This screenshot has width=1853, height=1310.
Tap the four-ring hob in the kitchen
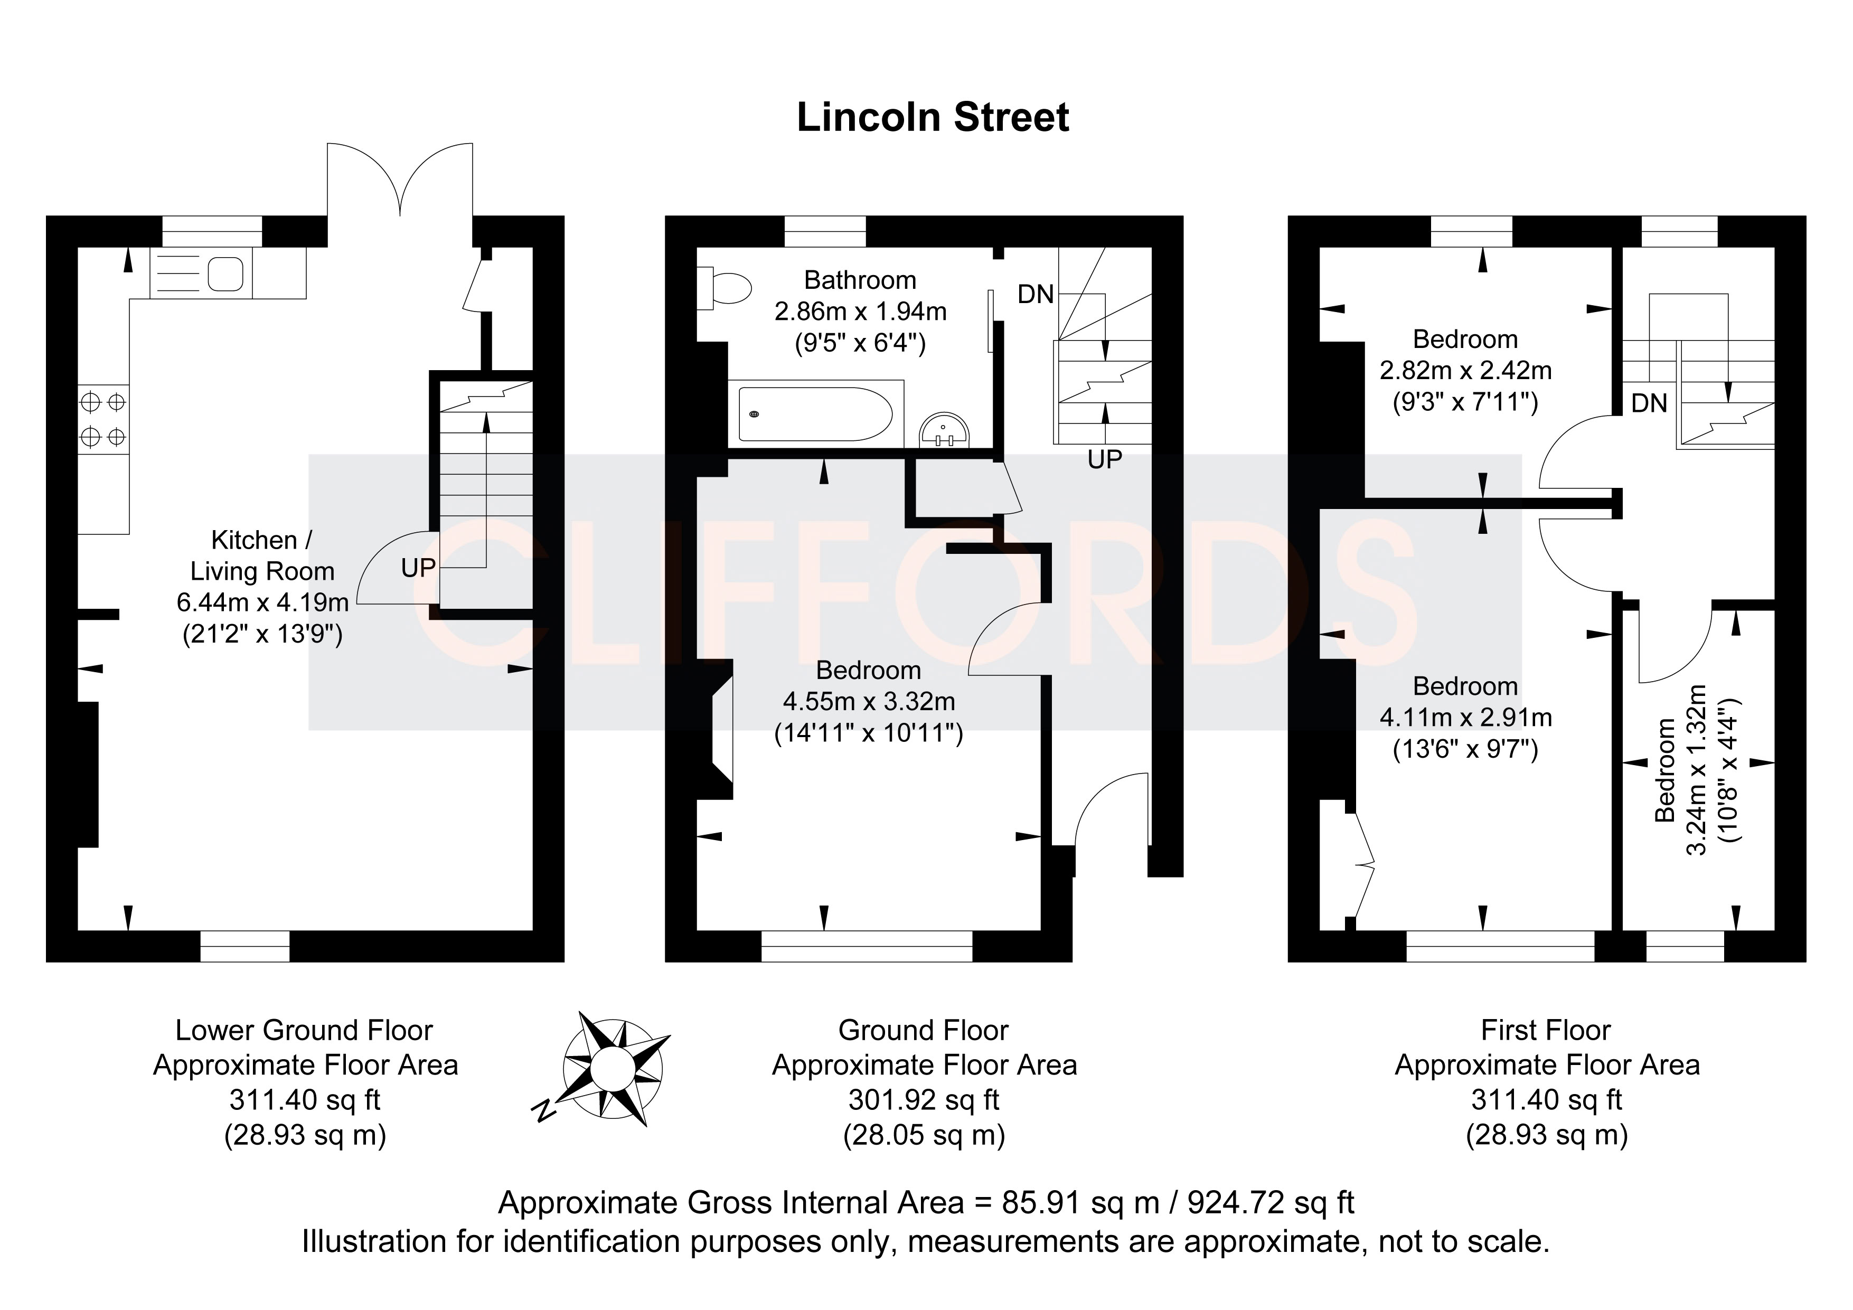pos(104,418)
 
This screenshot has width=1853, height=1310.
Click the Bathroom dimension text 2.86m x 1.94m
pos(860,312)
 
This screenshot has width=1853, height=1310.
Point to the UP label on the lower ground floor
pos(418,568)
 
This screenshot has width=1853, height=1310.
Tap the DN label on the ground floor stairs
pos(1036,295)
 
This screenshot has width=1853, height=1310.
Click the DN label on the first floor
pos(1649,403)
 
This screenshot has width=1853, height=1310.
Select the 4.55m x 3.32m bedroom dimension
pos(868,701)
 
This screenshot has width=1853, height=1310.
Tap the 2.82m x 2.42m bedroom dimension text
pos(1465,371)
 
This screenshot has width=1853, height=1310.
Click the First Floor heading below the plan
pos(1546,1030)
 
